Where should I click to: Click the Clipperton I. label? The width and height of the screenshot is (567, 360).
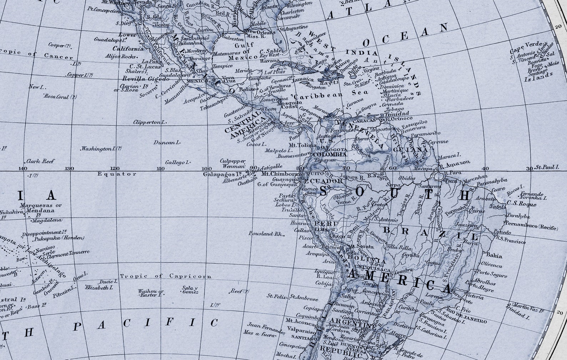(x=150, y=122)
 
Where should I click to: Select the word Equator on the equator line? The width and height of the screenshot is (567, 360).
(x=117, y=174)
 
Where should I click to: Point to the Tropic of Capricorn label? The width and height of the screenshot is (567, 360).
(x=166, y=276)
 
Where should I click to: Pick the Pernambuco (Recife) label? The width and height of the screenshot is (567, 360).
(x=531, y=226)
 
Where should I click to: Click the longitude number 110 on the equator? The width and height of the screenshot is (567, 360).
(x=160, y=168)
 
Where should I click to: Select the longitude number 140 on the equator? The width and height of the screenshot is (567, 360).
(x=22, y=168)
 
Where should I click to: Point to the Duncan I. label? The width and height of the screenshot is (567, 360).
(x=167, y=143)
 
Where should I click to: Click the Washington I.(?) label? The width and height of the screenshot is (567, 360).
(x=101, y=148)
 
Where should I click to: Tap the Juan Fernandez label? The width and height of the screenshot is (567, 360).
(x=266, y=326)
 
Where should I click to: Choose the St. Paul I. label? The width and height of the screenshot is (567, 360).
(x=547, y=167)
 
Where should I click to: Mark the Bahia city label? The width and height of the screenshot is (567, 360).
(x=494, y=255)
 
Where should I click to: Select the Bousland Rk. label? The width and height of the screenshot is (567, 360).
(x=266, y=234)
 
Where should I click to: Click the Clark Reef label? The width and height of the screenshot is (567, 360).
(x=40, y=161)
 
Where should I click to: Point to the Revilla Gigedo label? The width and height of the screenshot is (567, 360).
(x=146, y=78)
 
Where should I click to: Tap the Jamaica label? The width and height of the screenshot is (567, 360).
(x=303, y=80)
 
